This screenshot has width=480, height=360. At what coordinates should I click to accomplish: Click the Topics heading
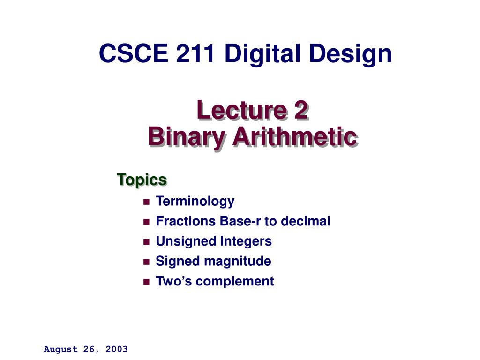[x=142, y=180]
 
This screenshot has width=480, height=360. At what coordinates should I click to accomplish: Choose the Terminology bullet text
[x=195, y=202]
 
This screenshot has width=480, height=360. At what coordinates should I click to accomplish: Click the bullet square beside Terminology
[x=146, y=202]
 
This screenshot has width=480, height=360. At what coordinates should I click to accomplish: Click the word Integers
[x=246, y=241]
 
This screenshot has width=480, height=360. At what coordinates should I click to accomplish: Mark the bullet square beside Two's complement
[x=146, y=282]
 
